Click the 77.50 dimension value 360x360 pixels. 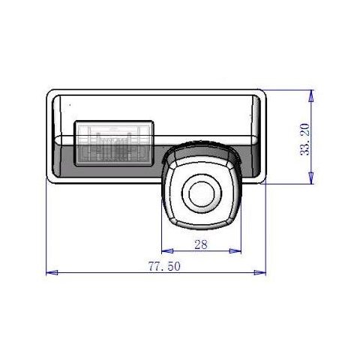pyautogui.click(x=164, y=266)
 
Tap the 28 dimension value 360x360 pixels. pyautogui.click(x=201, y=244)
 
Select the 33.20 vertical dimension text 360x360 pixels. pyautogui.click(x=304, y=139)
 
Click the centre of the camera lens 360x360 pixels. pyautogui.click(x=202, y=194)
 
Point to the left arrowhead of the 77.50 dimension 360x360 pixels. pyautogui.click(x=52, y=272)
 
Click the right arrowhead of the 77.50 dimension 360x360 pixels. pyautogui.click(x=260, y=272)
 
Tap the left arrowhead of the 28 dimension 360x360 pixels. pyautogui.click(x=167, y=250)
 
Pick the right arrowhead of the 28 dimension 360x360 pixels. pyautogui.click(x=235, y=250)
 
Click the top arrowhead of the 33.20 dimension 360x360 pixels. pyautogui.click(x=311, y=96)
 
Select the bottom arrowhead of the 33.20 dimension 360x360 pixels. pyautogui.click(x=311, y=178)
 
